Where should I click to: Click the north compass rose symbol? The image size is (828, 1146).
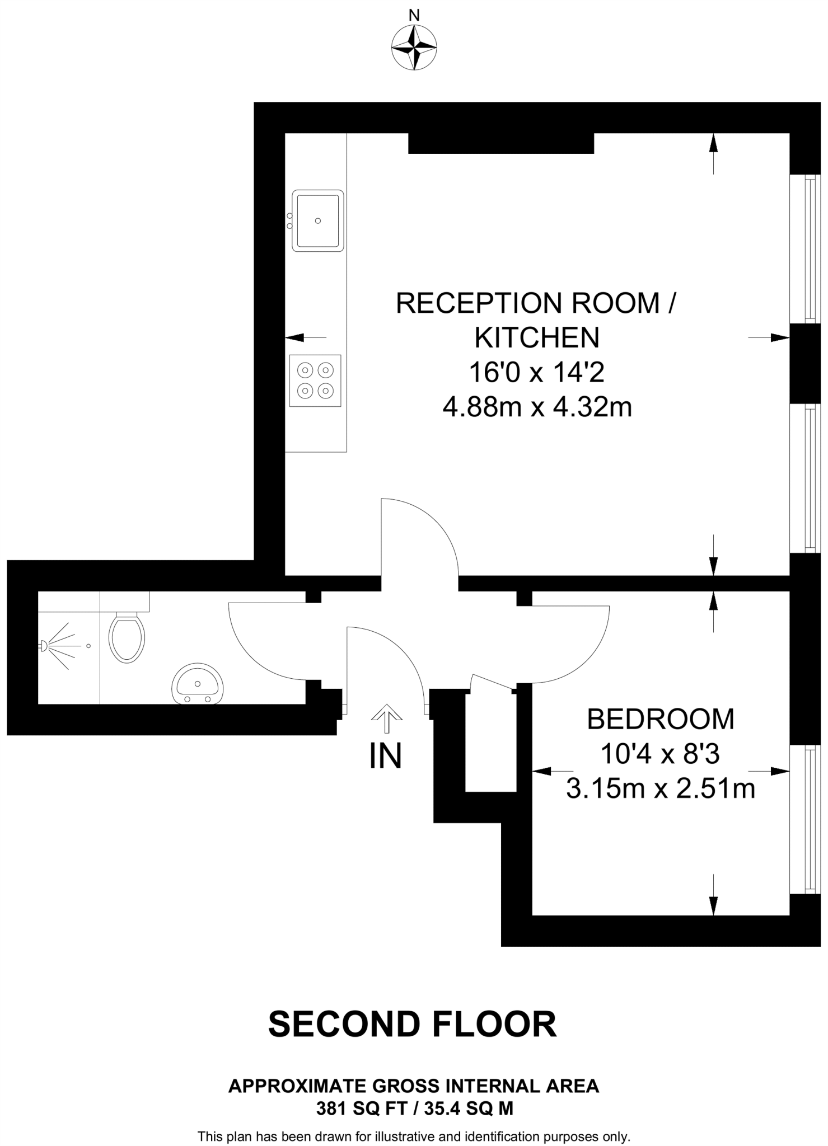click(414, 48)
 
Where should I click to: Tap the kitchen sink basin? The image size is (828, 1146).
click(317, 220)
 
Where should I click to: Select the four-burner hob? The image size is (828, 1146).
click(315, 380)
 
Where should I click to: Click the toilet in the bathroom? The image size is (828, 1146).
click(127, 637)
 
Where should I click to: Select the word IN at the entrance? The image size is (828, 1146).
click(386, 756)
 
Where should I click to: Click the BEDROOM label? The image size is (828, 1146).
click(660, 719)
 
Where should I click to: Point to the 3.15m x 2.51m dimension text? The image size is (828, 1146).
click(660, 789)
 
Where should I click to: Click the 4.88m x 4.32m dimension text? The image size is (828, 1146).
click(537, 407)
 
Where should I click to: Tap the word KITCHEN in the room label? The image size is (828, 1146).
click(537, 337)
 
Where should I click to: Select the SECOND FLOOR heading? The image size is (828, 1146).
click(413, 1025)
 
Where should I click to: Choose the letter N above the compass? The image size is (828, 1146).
click(414, 16)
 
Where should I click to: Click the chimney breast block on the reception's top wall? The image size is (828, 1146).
click(500, 143)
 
